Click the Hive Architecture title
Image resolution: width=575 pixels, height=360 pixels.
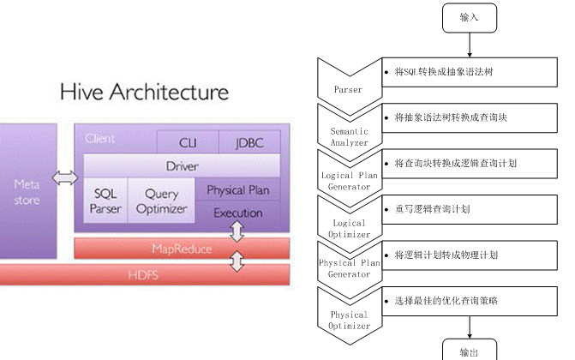click(x=143, y=92)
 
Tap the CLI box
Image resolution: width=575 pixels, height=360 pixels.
click(x=187, y=143)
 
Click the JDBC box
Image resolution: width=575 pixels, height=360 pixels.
click(x=249, y=143)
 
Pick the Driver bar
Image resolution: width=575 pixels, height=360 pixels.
click(x=181, y=166)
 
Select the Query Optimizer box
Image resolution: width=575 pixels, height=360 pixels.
click(x=161, y=201)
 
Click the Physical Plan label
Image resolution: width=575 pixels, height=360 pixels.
click(x=238, y=190)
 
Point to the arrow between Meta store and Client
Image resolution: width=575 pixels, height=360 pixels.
click(x=64, y=178)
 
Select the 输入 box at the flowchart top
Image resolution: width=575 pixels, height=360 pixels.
click(x=469, y=17)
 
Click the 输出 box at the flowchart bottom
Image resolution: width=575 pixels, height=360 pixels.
click(x=469, y=351)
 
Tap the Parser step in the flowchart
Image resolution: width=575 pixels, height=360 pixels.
click(x=347, y=79)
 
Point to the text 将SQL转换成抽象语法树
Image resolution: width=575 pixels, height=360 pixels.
click(x=443, y=72)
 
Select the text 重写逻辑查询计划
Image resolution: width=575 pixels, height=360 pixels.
click(x=432, y=209)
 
